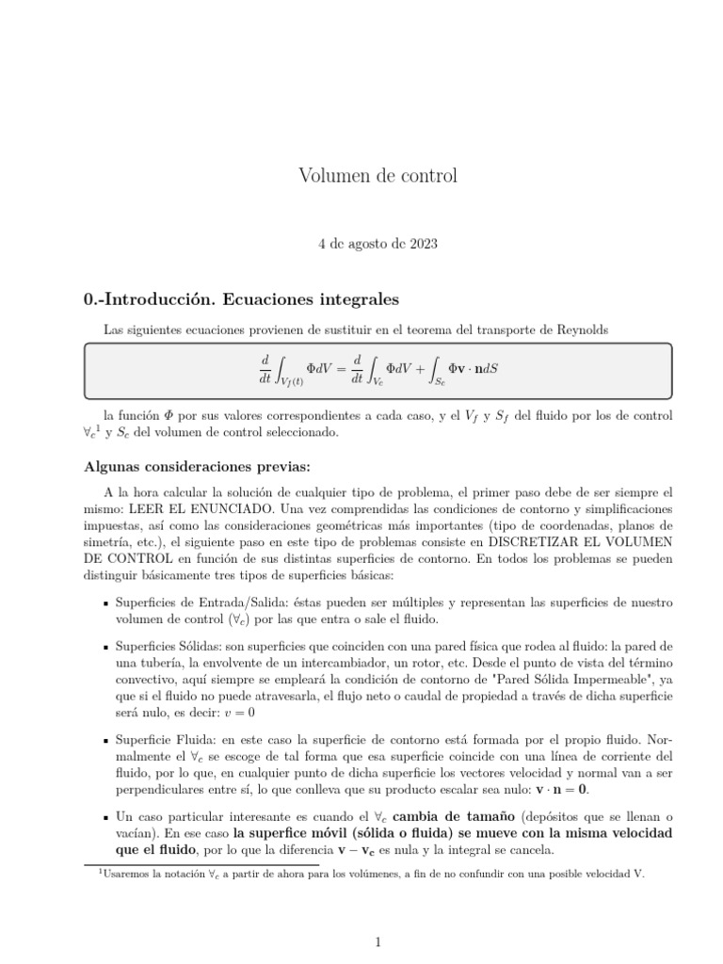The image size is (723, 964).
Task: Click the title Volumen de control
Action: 377,175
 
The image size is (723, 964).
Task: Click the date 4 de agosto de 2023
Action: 377,243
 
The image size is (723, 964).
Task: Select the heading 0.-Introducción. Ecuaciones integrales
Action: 242,299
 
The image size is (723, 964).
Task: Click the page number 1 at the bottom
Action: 377,940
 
